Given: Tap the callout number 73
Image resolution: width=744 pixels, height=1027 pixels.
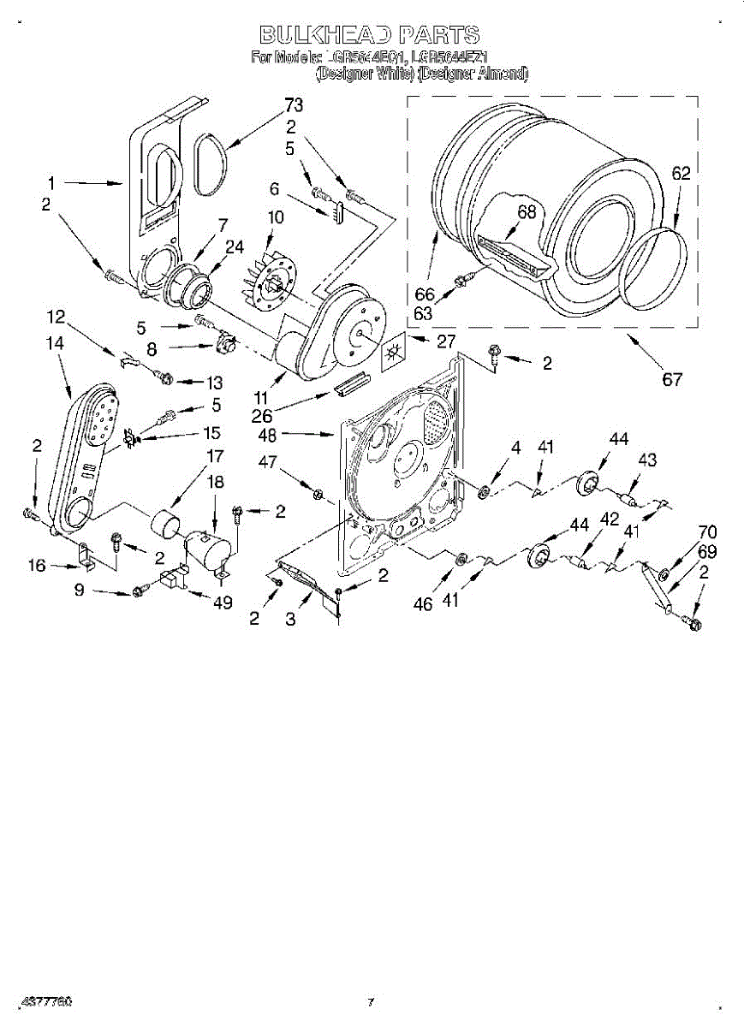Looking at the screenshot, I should tap(294, 105).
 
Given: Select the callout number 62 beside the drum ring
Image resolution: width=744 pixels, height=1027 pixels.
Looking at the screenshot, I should tap(681, 174).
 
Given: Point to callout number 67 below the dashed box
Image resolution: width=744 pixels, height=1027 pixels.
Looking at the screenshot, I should tap(672, 378).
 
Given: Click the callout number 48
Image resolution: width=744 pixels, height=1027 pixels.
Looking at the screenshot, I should tap(268, 434).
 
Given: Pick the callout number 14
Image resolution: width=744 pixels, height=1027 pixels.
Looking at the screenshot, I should tap(56, 341).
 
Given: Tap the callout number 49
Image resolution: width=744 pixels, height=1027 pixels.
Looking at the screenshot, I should tap(222, 603).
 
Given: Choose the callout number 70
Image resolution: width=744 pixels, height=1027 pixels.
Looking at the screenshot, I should tap(707, 531).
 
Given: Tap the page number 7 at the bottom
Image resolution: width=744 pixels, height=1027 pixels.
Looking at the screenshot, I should tap(371, 1001).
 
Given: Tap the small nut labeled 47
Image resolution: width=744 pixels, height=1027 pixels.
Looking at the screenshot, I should tap(318, 494).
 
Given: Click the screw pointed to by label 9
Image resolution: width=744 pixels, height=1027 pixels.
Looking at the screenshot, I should tap(138, 591).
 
